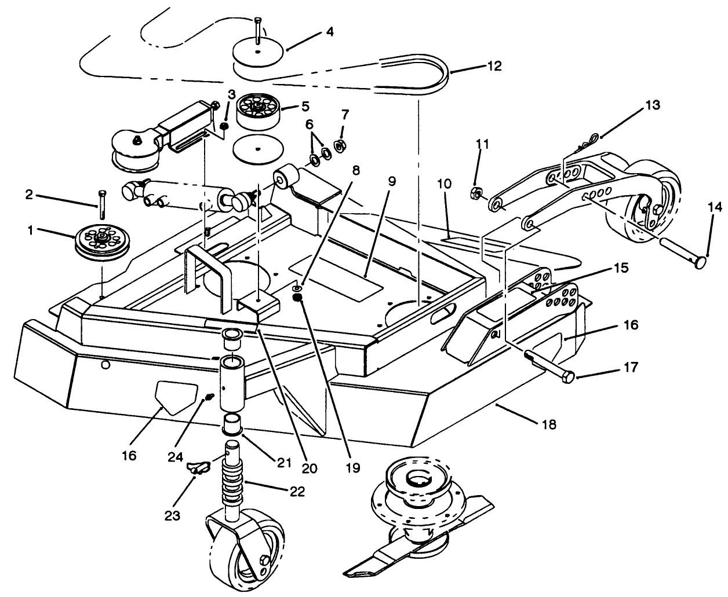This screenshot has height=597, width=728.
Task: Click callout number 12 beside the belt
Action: [x=494, y=66]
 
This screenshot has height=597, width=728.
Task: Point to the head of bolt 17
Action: [x=567, y=378]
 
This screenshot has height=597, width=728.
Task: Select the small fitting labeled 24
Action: [x=209, y=397]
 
